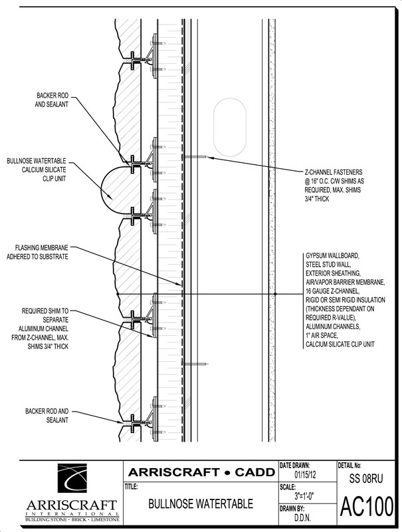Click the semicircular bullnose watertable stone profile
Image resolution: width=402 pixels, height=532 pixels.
point(113,189)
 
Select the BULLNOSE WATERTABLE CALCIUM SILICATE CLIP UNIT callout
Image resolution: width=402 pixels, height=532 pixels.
point(37,170)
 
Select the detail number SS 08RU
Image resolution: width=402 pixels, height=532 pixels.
point(366,477)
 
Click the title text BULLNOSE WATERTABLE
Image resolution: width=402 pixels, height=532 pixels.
point(200,505)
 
